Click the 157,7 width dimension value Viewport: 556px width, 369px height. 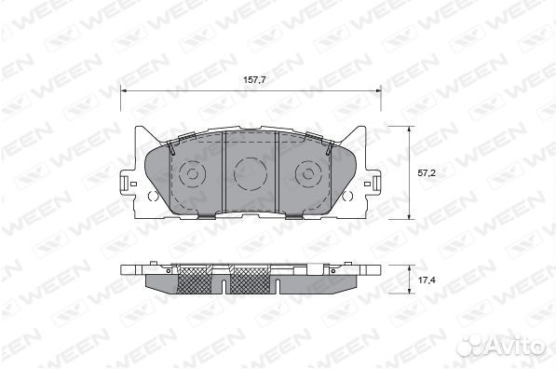coord(254,80)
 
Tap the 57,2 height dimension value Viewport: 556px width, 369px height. coord(427,173)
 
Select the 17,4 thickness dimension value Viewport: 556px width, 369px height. coord(427,280)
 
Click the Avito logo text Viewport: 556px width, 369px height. coord(514,344)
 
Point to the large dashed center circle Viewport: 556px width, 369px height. coord(251,157)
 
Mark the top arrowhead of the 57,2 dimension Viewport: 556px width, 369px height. coord(409,130)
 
